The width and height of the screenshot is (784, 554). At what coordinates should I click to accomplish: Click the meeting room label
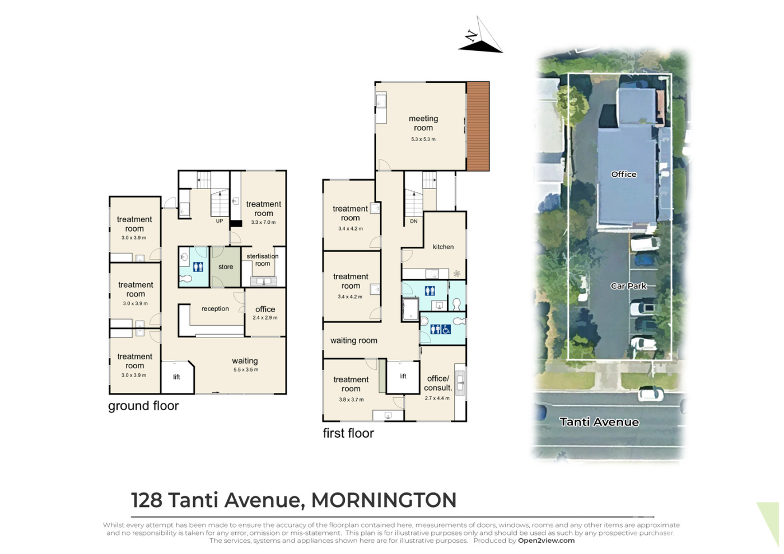click(423, 123)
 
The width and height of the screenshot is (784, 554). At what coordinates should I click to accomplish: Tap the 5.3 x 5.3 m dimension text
click(423, 139)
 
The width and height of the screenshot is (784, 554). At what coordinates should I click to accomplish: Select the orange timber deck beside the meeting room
click(478, 126)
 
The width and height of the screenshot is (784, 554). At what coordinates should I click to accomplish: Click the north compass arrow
click(480, 35)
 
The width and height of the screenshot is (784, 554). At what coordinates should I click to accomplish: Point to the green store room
click(225, 267)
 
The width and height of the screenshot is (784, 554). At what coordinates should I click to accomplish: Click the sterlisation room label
click(263, 260)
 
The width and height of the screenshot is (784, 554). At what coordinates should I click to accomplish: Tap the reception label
click(215, 308)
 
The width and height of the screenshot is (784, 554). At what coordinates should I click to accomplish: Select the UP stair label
click(220, 221)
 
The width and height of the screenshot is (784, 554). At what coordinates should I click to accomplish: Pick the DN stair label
click(414, 222)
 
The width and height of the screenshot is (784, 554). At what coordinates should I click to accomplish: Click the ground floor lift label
click(176, 377)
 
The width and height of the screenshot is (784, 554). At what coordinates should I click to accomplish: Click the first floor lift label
click(403, 376)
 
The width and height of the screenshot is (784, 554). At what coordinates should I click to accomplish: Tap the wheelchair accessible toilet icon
click(446, 330)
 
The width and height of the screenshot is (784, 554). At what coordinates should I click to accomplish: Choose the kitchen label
click(443, 247)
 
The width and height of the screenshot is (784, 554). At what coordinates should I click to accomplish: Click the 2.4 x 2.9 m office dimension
click(265, 318)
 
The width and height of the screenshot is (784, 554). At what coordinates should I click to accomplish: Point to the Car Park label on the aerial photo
click(628, 286)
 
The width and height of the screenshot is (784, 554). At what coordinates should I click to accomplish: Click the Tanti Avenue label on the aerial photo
click(599, 422)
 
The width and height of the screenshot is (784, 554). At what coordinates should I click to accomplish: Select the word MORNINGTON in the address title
click(384, 500)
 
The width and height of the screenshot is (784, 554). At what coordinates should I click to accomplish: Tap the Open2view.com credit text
click(547, 541)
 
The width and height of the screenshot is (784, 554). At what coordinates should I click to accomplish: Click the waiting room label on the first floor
click(354, 341)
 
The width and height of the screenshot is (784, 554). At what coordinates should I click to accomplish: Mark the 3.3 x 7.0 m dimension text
click(263, 223)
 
